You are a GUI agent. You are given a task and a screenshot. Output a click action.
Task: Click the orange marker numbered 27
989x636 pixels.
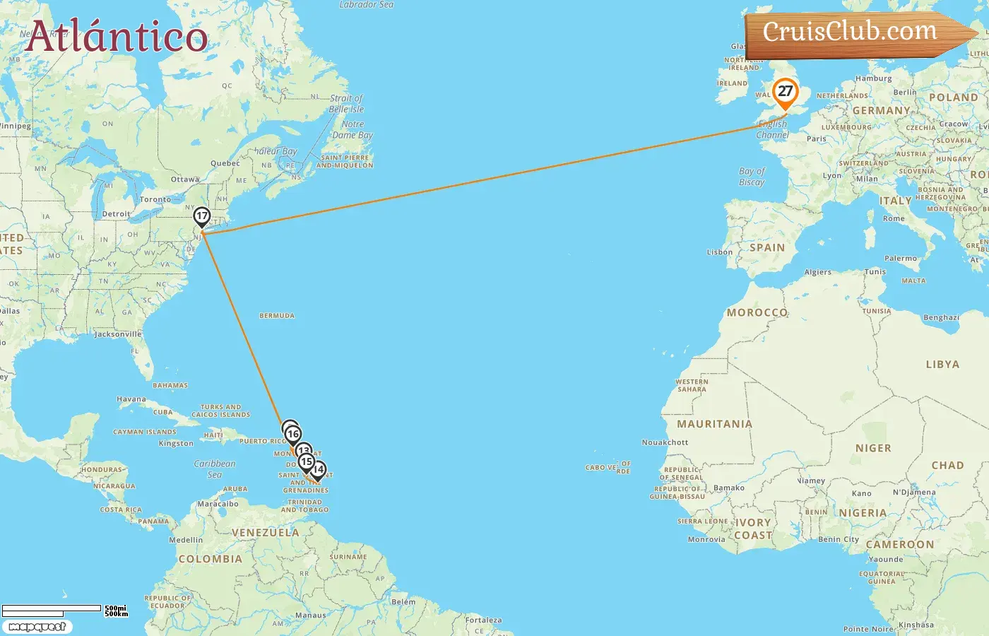[785, 92]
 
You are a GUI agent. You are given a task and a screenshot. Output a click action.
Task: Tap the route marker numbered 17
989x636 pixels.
[202, 216]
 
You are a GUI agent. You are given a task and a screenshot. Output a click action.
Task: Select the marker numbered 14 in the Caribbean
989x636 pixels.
[319, 470]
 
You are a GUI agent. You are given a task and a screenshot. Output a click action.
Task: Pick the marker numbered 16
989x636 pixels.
[293, 435]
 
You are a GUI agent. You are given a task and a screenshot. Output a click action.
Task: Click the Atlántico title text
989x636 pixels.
[117, 36]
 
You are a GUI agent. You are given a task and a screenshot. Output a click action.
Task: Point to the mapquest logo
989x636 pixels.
[37, 627]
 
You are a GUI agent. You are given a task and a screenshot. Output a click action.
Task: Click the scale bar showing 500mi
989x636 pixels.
[64, 611]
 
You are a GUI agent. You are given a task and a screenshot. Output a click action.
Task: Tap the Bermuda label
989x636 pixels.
[277, 316]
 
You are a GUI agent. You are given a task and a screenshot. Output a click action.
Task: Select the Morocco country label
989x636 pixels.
[757, 312]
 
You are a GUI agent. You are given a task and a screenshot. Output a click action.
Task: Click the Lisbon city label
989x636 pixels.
[720, 252]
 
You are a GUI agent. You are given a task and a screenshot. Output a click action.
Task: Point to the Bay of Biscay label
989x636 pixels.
[752, 177]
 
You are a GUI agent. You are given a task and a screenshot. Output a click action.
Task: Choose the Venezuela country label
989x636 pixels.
[266, 533]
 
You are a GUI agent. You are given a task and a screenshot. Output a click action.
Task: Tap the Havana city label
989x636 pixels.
[131, 399]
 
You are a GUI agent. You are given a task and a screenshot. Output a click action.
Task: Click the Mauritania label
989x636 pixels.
[714, 424]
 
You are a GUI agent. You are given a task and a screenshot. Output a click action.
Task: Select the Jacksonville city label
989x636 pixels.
[118, 334]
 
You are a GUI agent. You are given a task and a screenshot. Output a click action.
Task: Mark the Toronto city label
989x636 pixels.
[155, 200]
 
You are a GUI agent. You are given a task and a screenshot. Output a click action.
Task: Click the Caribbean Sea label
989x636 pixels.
[215, 469]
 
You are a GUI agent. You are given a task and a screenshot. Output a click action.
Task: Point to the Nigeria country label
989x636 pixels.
[863, 513]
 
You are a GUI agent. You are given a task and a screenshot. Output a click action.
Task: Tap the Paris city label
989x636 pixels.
[817, 139]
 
